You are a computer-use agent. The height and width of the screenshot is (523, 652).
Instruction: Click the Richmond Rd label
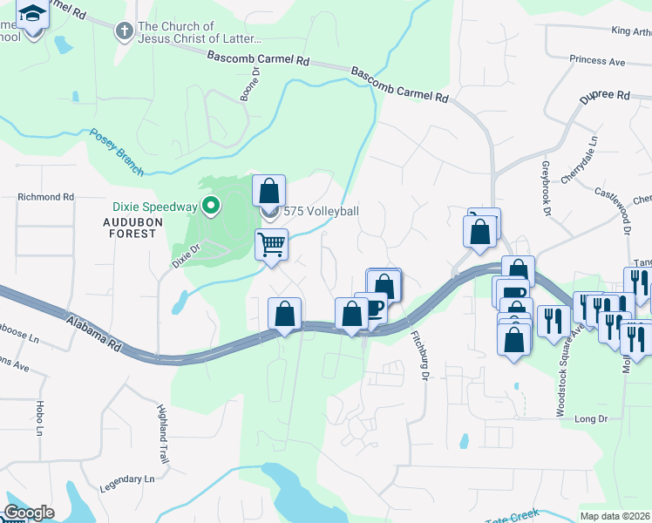point(45,198)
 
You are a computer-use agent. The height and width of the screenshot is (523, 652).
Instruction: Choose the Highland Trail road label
point(162,433)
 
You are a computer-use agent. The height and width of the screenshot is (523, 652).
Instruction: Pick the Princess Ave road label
point(597,61)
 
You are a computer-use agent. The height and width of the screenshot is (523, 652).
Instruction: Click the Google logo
point(29,513)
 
